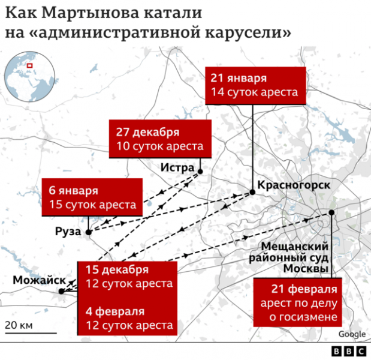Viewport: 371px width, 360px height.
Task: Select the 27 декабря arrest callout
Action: (x=160, y=139)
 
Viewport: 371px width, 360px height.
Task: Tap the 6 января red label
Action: (x=92, y=197)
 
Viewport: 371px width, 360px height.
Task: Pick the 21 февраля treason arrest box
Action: (x=298, y=302)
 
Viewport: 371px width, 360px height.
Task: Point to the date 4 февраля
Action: (x=115, y=311)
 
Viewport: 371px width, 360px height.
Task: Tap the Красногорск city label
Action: (x=293, y=185)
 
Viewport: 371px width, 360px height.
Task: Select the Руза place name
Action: (x=67, y=232)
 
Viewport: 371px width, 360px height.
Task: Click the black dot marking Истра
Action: (x=200, y=171)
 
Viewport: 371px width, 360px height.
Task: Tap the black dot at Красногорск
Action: (x=252, y=193)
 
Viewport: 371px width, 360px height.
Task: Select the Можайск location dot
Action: (x=61, y=292)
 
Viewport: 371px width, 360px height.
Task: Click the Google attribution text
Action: (x=352, y=334)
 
